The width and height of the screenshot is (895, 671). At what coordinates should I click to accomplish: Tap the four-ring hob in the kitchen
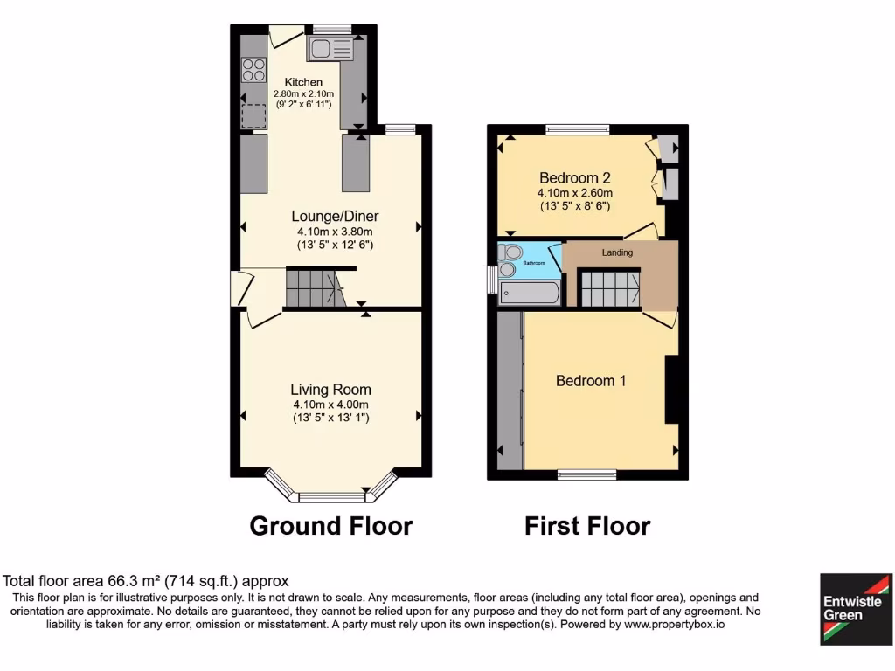tap(253, 69)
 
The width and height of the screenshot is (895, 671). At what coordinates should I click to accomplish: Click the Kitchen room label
tap(303, 82)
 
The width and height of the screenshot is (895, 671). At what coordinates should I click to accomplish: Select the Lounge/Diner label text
tap(335, 217)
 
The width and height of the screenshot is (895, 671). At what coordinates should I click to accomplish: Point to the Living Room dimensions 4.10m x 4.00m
tap(330, 405)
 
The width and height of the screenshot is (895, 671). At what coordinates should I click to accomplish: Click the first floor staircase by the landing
tap(610, 289)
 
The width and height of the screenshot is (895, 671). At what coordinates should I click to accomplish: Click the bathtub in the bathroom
tap(529, 291)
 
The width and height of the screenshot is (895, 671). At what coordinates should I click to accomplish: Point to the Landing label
tap(617, 252)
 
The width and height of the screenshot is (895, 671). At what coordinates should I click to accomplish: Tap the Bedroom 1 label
tap(591, 381)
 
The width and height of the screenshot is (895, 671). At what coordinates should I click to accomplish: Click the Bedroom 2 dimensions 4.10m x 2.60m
tap(574, 193)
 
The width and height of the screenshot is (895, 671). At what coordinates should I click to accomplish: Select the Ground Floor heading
tap(330, 526)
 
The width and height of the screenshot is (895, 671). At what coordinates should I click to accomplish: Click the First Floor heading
tap(587, 526)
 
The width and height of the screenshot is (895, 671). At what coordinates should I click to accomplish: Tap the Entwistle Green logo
tap(855, 609)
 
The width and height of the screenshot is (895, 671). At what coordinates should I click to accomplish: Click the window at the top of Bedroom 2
tap(578, 129)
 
